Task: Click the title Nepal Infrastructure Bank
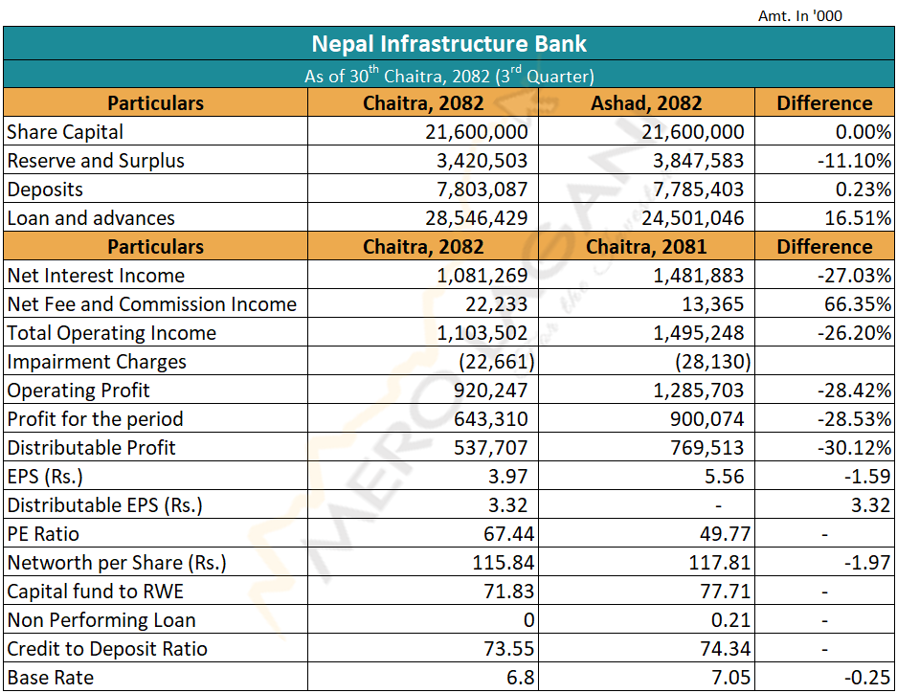pos(449,44)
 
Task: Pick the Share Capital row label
pos(65,132)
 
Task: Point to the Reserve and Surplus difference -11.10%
pos(853,161)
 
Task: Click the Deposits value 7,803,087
pos(476,190)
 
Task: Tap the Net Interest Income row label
pos(96,276)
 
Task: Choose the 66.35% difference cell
pos(859,304)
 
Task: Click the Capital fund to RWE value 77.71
pos(725,592)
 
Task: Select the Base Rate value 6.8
pos(520,678)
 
